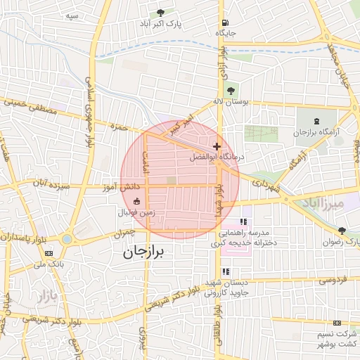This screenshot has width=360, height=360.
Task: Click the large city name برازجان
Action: tap(152, 252)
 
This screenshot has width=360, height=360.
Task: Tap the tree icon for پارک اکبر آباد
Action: tap(160, 12)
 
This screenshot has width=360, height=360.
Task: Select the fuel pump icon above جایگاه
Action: tap(225, 22)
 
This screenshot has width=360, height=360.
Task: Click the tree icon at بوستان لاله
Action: tap(230, 90)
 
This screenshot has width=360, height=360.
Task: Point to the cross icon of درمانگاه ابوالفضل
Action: tap(217, 146)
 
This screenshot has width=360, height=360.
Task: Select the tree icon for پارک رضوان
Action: tap(342, 231)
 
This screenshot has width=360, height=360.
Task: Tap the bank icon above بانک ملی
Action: tap(49, 253)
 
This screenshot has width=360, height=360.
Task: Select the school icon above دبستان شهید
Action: tap(225, 271)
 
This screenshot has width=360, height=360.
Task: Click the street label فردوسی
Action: tap(334, 280)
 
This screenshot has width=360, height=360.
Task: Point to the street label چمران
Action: tap(122, 233)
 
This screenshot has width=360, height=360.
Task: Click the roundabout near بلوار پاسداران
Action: tap(66, 239)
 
